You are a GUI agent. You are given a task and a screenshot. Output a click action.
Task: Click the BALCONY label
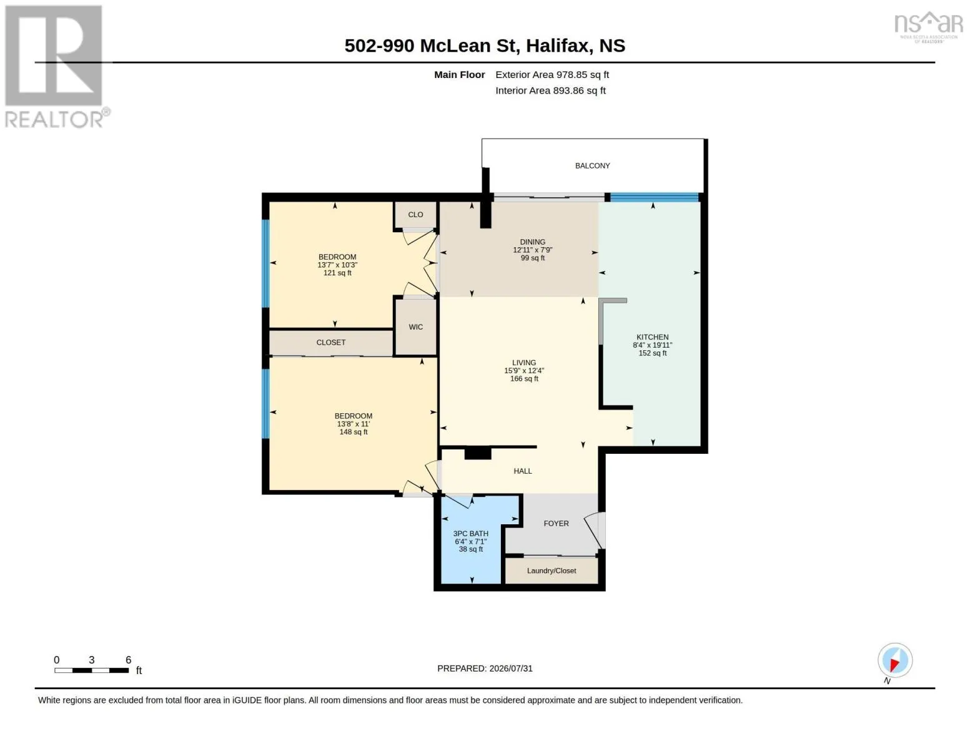click(x=592, y=165)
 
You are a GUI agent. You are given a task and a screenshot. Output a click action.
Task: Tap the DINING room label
click(x=532, y=242)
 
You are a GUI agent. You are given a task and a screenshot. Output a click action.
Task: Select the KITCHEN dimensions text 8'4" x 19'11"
click(x=652, y=345)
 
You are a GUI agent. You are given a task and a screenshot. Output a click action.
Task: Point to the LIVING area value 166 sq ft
click(x=524, y=379)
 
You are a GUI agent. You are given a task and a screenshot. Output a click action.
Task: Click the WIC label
click(x=415, y=327)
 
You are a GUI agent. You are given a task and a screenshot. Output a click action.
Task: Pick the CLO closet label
click(x=415, y=215)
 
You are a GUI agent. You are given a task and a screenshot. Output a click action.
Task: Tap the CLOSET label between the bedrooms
click(x=331, y=342)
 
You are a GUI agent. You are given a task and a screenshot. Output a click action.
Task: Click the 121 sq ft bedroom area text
click(x=337, y=273)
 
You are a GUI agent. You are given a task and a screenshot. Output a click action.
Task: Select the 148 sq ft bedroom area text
click(x=354, y=432)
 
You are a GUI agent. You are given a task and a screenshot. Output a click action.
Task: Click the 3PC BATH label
click(x=470, y=534)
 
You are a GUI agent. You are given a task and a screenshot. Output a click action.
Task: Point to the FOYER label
click(x=556, y=523)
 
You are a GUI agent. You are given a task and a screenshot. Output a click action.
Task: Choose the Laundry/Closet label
click(x=552, y=570)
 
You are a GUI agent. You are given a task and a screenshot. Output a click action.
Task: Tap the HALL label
click(x=523, y=471)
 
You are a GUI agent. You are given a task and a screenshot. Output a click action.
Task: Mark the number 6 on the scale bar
click(x=128, y=660)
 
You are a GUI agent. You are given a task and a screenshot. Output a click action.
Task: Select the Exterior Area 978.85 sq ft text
click(x=552, y=74)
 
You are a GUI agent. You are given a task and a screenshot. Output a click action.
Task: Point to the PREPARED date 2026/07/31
click(x=511, y=668)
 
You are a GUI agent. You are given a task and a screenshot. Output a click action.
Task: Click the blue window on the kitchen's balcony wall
click(x=654, y=197)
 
